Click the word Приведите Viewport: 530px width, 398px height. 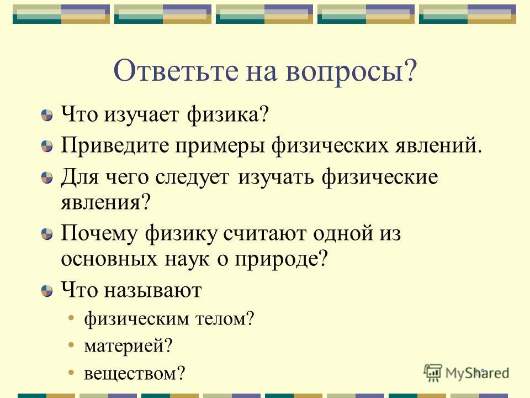115,145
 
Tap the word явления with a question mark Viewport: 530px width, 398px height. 105,203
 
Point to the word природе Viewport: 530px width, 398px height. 281,260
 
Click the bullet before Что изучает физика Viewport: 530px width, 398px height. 47,116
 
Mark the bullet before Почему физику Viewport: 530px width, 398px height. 47,234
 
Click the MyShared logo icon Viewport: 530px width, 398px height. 433,373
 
